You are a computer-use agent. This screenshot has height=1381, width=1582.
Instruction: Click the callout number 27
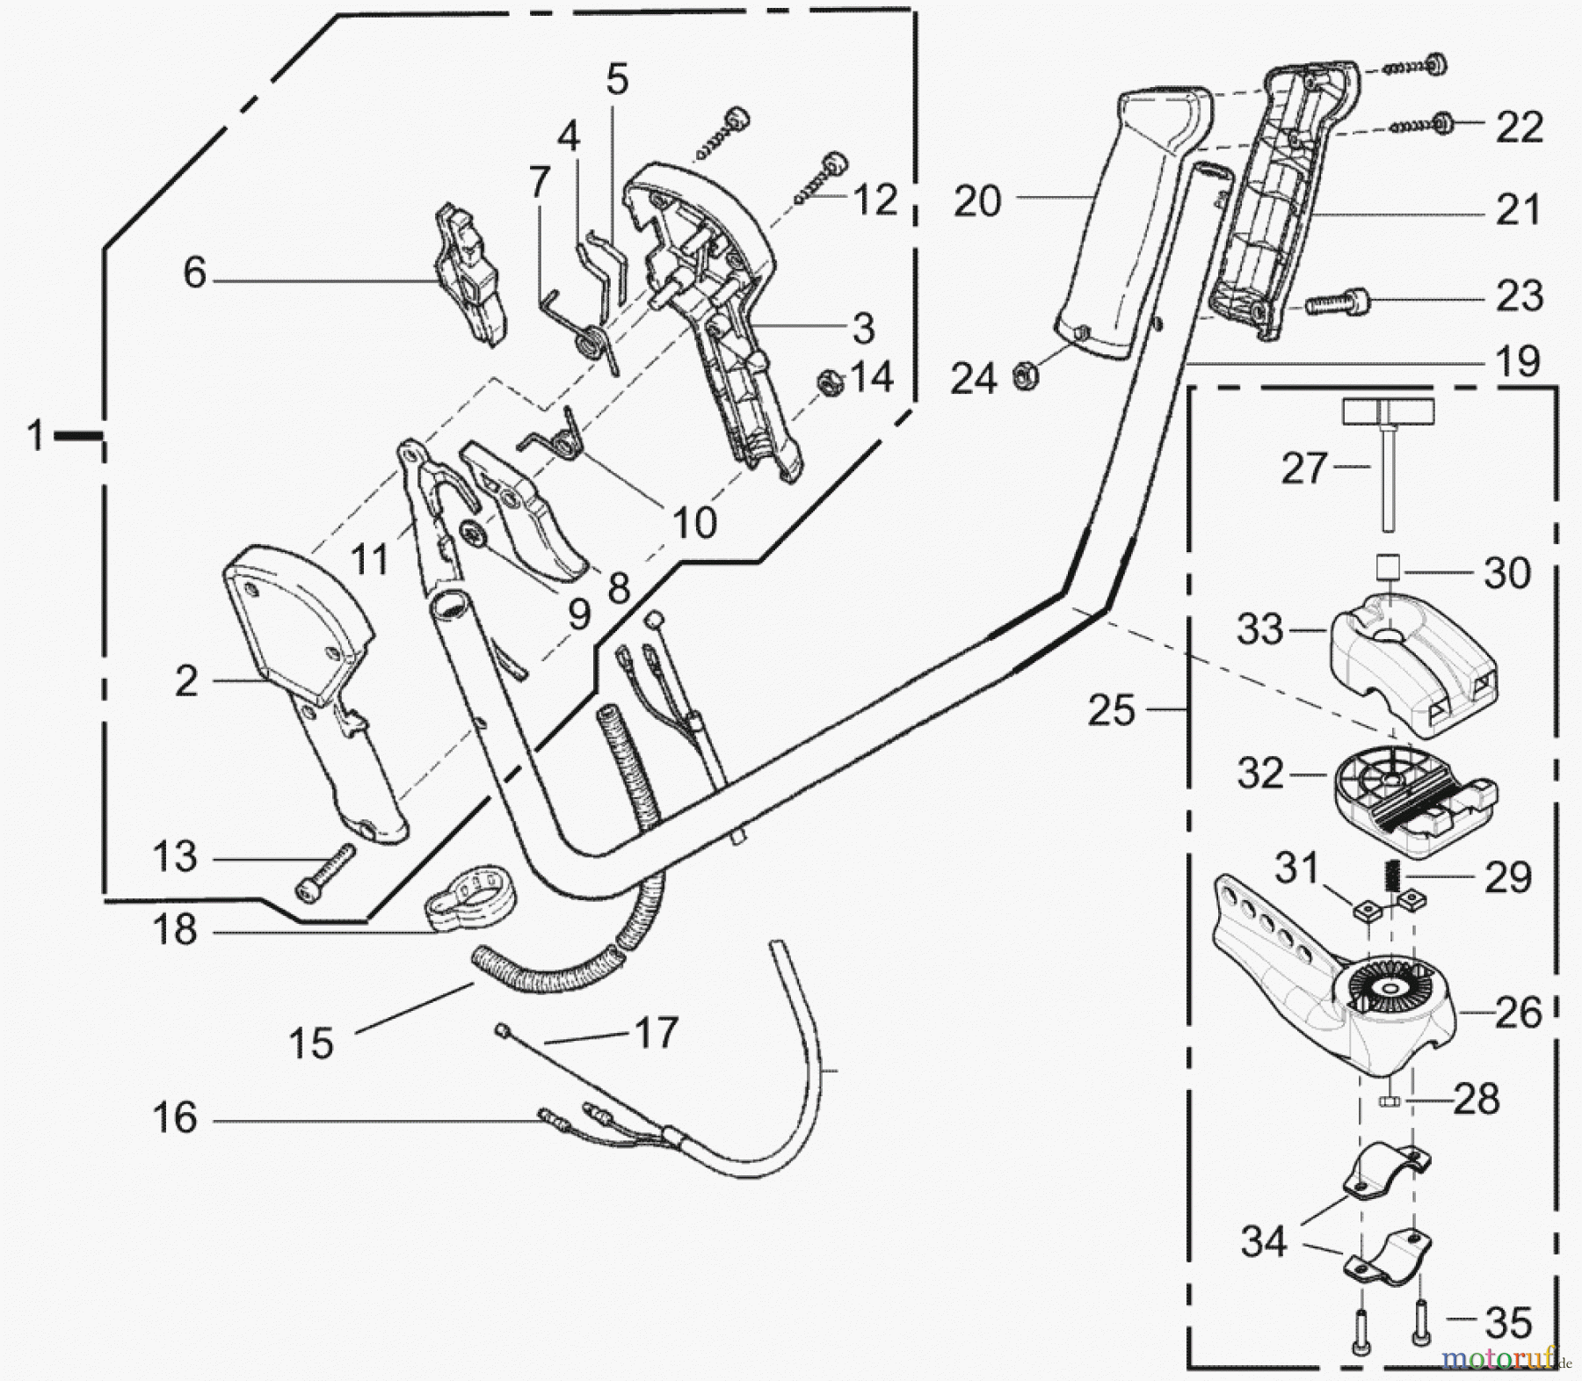(x=1303, y=469)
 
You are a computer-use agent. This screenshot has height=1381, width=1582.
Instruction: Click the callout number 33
(x=1260, y=629)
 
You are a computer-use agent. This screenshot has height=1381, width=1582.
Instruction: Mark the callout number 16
(x=175, y=1118)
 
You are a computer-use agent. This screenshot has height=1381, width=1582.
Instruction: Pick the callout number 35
(x=1507, y=1321)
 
